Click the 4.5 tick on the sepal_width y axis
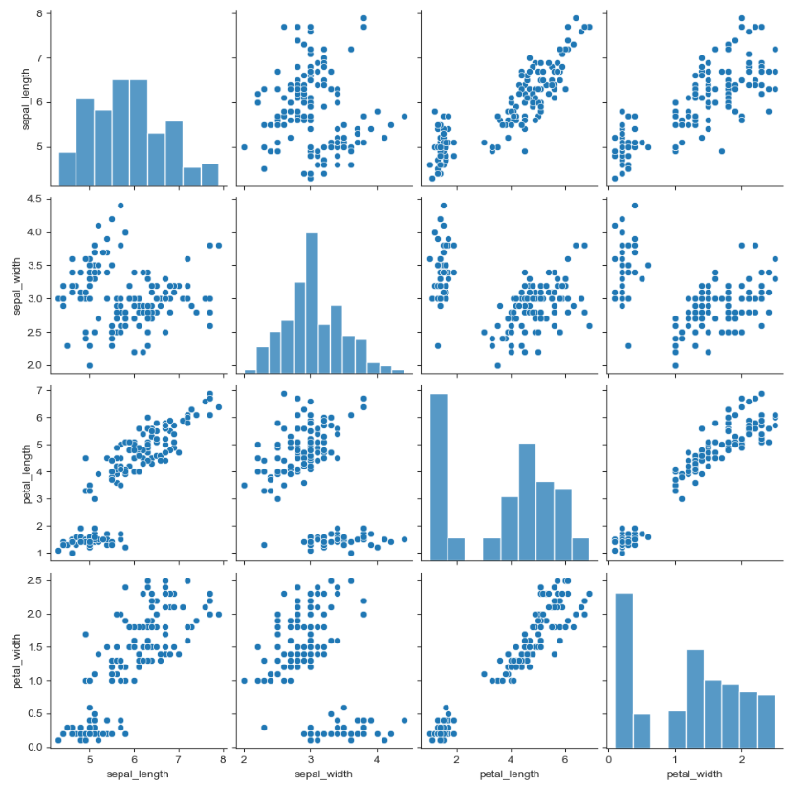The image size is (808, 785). pos(32,199)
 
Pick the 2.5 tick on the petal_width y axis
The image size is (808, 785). pos(32,580)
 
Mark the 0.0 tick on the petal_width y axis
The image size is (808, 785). pos(32,747)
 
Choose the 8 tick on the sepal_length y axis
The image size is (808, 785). pos(34,13)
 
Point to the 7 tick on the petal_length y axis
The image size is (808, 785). pos(34,391)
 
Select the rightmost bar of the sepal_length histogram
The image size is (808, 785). pos(209,174)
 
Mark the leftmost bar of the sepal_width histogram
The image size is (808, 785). pos(251,371)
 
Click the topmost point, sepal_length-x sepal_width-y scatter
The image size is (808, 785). pos(120,206)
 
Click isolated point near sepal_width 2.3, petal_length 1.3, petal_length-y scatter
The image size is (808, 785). pos(264,545)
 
